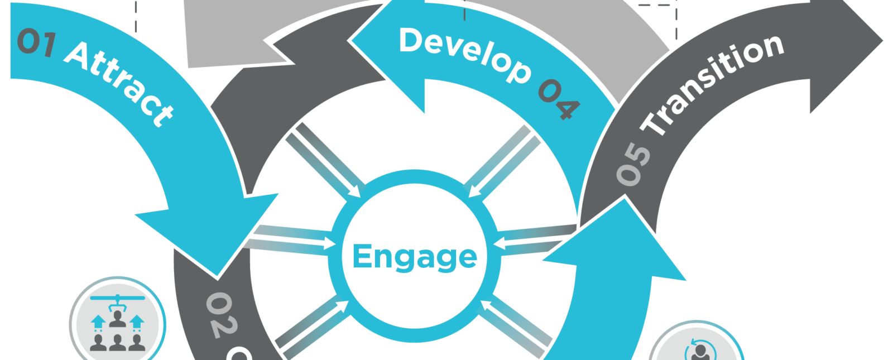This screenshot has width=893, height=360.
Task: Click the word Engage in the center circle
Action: point(415,257)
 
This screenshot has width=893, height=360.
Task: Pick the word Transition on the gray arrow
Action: point(714,84)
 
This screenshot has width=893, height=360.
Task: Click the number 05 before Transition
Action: point(633,164)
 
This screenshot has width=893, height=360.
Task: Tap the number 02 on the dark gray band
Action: point(220,315)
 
